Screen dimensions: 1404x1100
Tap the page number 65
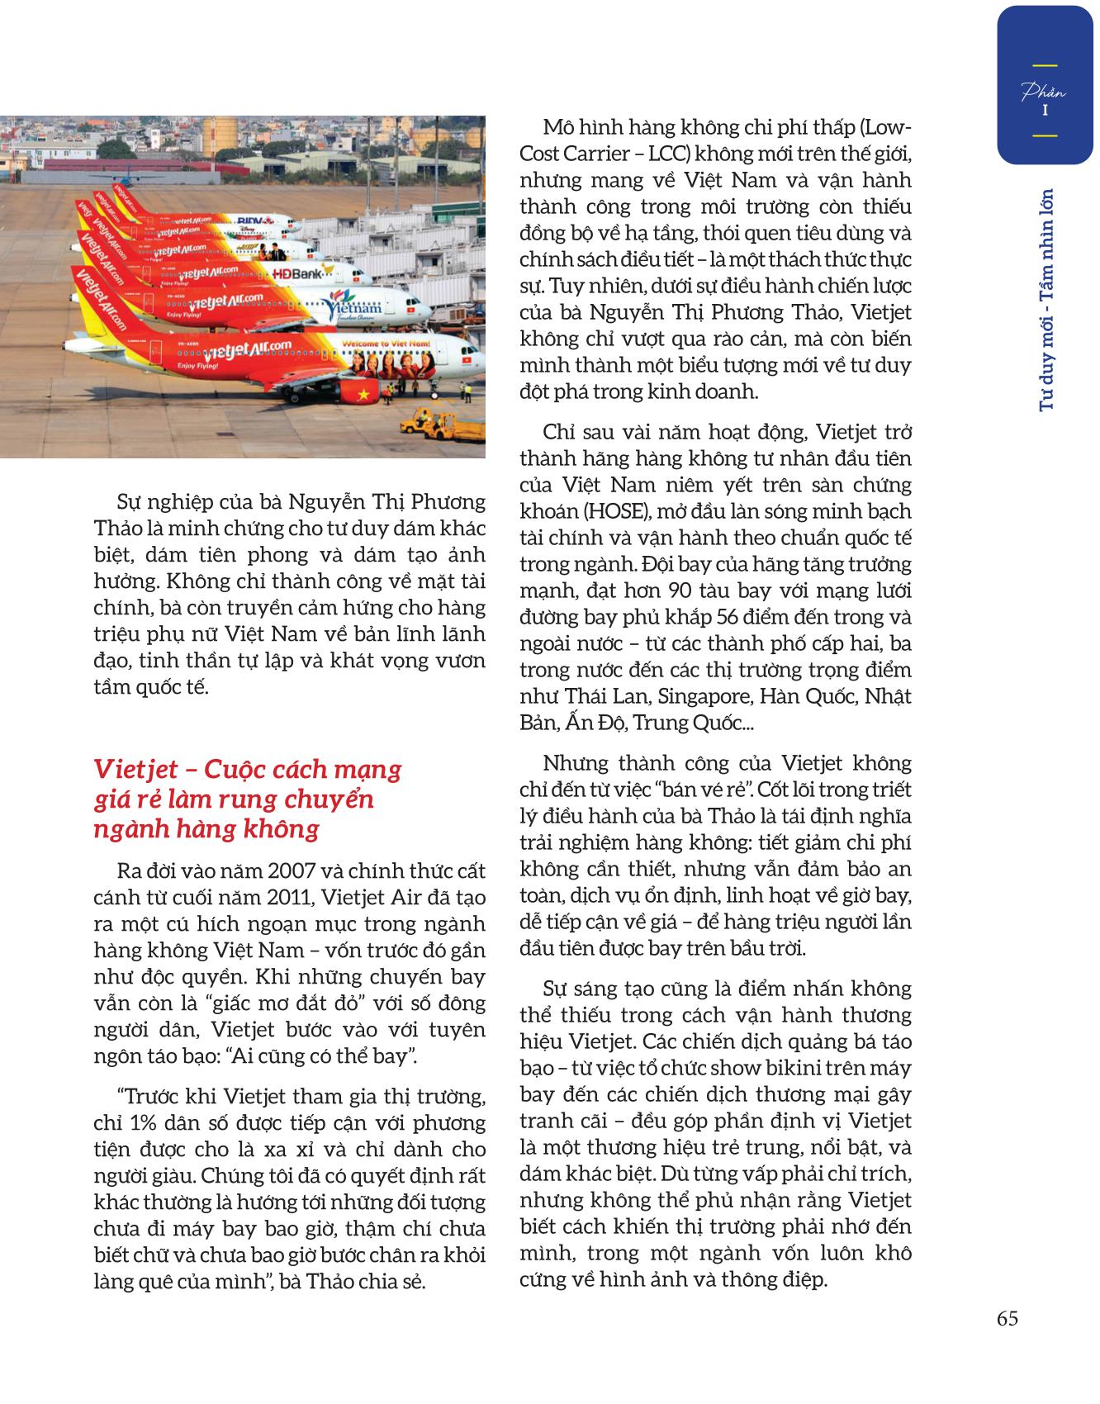point(1008,1318)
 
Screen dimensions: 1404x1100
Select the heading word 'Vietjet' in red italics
point(135,769)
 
